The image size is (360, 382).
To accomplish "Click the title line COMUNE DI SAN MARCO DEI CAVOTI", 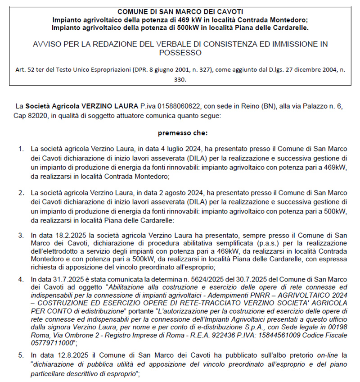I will pyautogui.click(x=180, y=11).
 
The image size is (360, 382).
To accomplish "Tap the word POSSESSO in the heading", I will pyautogui.click(x=180, y=53).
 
